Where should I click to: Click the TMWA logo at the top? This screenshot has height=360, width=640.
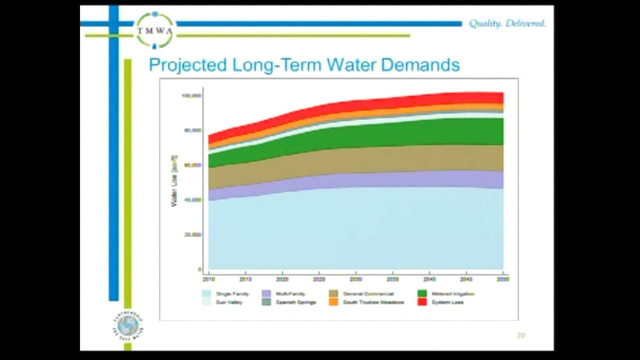click(155, 30)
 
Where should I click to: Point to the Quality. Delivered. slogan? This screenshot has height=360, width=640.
click(507, 23)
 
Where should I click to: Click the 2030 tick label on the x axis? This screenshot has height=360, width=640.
click(355, 279)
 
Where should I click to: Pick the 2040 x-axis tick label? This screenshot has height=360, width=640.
click(429, 279)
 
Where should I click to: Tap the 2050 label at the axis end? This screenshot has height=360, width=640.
click(502, 279)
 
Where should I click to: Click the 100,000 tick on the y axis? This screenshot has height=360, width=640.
click(191, 95)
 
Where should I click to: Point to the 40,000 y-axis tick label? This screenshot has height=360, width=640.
click(193, 199)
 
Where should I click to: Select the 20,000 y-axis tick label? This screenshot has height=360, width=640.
click(193, 234)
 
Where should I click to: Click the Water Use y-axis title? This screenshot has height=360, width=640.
click(174, 181)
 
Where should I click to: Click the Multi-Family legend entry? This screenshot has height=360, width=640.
click(290, 294)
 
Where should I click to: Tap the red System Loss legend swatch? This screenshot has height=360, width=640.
click(422, 302)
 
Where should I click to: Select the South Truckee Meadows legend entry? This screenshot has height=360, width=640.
click(373, 302)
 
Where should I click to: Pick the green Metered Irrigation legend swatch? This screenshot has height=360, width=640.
click(422, 294)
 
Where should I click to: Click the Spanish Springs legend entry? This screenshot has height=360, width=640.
click(295, 302)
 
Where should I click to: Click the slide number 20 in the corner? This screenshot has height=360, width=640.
click(520, 335)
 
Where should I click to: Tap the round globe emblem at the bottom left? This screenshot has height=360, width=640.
click(127, 326)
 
